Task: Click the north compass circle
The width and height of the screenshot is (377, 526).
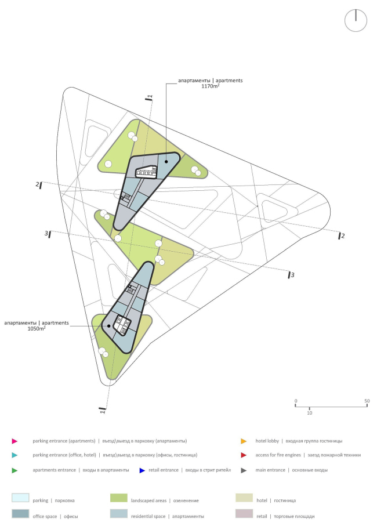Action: coord(356,20)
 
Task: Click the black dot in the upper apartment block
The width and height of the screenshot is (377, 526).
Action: coord(166,162)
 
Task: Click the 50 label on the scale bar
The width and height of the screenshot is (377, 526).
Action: coord(367,401)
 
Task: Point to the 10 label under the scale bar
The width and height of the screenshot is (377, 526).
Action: coord(309,413)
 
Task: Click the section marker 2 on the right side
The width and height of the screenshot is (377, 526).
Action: coord(342,235)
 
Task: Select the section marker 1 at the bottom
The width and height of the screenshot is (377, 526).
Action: coord(102,411)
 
